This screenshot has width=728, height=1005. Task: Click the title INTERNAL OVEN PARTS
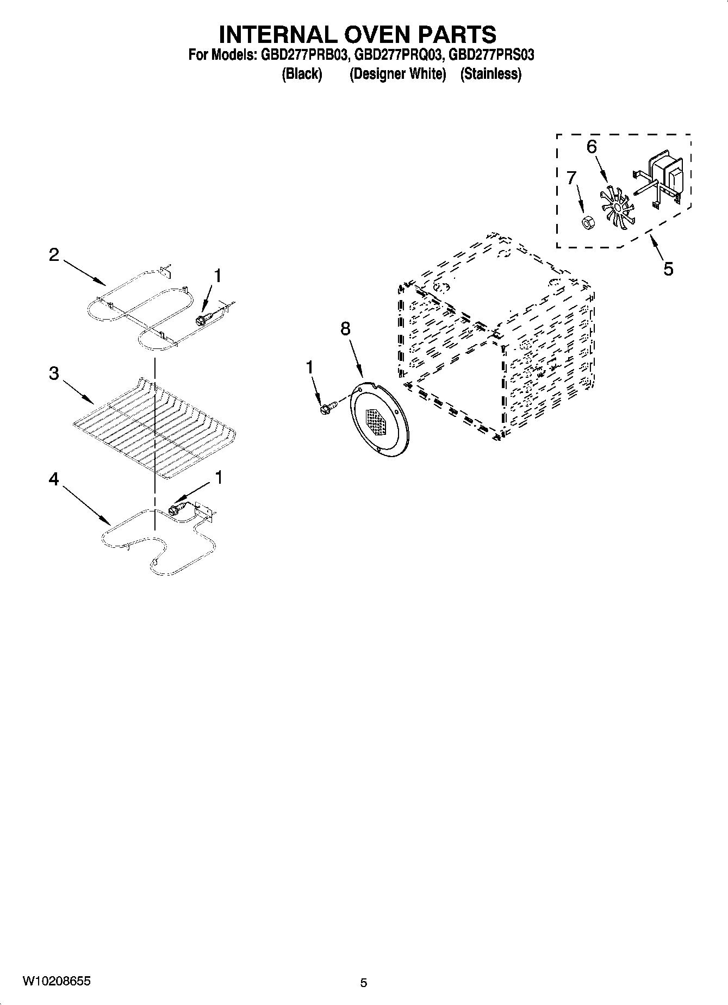click(357, 34)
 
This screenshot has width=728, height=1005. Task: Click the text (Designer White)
click(397, 74)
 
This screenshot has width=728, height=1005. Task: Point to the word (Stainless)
click(490, 74)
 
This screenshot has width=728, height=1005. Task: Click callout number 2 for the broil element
click(54, 254)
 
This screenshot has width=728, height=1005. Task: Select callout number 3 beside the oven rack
click(54, 374)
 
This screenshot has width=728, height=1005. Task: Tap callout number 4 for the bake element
click(54, 479)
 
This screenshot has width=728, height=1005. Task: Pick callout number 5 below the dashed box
click(668, 269)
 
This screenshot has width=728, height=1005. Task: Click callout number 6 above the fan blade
click(592, 147)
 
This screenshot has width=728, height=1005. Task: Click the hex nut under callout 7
click(587, 222)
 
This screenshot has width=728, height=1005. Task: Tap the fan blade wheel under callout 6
click(616, 205)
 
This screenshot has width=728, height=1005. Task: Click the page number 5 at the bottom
click(364, 982)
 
